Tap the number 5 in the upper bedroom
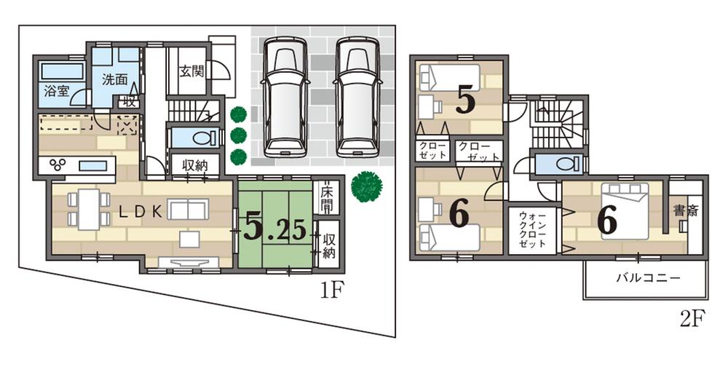click(x=466, y=101)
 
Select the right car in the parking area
click(x=358, y=95)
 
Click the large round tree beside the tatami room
click(x=365, y=186)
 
